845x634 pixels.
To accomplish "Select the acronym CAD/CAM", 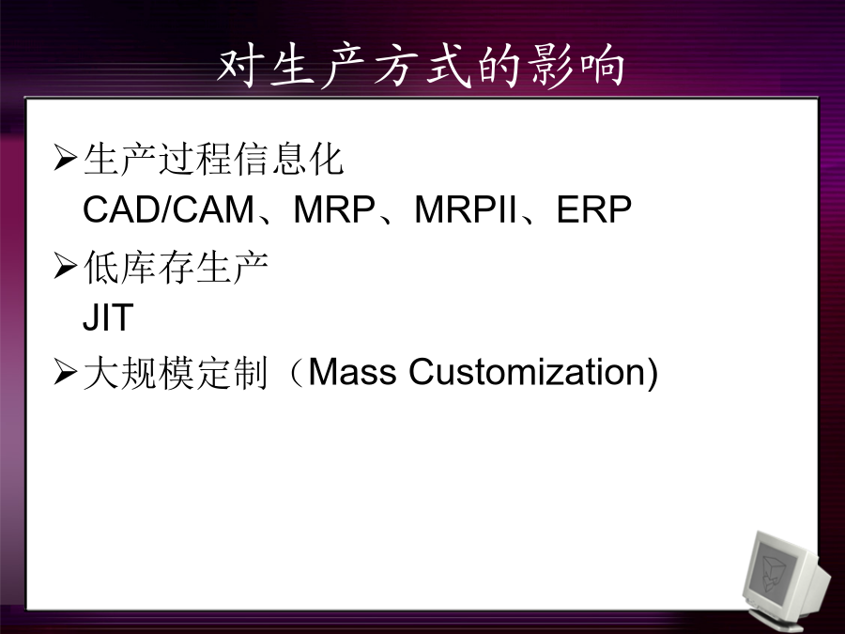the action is click(x=168, y=209).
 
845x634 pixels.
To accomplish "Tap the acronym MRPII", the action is click(x=466, y=209).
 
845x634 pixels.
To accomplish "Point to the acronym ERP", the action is click(x=593, y=209).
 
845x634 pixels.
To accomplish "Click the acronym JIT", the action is click(x=108, y=317).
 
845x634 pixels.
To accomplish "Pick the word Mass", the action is click(x=352, y=371).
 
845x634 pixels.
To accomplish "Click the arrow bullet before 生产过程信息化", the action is click(x=65, y=158).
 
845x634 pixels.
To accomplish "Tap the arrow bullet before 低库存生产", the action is click(x=65, y=266).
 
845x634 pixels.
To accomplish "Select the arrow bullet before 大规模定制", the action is click(x=65, y=372).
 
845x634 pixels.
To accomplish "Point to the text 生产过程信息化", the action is click(x=213, y=159).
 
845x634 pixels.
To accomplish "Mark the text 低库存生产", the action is click(x=177, y=268).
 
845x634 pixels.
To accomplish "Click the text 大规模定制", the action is click(x=176, y=373).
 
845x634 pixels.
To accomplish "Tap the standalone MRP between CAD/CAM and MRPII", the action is click(x=334, y=209).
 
